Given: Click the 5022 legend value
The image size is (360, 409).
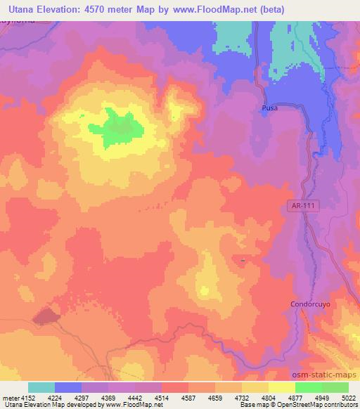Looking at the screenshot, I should [348, 397].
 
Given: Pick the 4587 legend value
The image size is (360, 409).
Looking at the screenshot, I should [188, 397].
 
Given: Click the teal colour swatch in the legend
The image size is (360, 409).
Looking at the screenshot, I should [41, 387].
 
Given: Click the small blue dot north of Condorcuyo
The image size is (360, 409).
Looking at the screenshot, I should [243, 260].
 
